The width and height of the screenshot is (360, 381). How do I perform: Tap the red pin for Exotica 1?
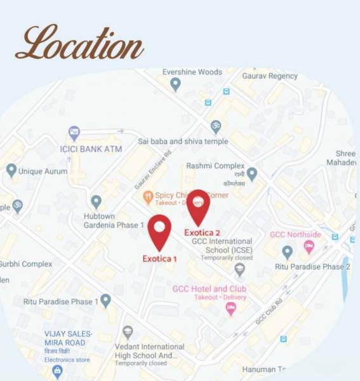tap(159, 231)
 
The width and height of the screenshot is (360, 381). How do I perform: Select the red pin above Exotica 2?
tap(198, 204)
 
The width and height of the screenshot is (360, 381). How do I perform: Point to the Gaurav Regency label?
tap(269, 76)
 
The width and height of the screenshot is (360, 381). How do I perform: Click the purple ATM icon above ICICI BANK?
tap(74, 133)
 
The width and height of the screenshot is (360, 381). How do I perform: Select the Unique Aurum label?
tap(43, 171)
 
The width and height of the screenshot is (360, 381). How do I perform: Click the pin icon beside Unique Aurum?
tap(11, 170)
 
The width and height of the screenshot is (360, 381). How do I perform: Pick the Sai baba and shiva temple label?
tap(182, 141)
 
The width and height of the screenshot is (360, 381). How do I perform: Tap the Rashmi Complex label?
tap(215, 166)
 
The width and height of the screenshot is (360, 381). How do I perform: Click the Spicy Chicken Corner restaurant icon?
tap(148, 197)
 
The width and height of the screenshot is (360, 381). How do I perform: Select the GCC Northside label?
tap(295, 234)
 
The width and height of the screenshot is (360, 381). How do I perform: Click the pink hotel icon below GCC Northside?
tap(309, 246)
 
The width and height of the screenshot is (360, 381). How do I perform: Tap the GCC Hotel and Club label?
tap(209, 290)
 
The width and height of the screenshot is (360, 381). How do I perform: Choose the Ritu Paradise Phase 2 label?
tap(312, 267)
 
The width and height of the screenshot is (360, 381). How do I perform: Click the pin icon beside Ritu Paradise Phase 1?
tap(105, 300)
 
